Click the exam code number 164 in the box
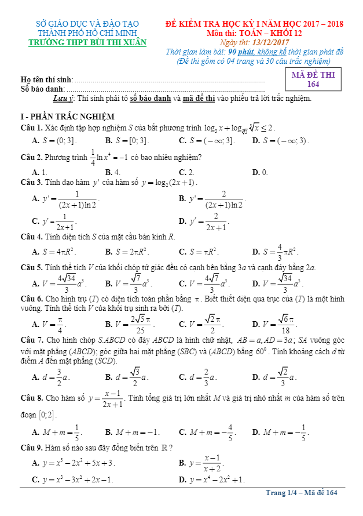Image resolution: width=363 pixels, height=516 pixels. (313, 85)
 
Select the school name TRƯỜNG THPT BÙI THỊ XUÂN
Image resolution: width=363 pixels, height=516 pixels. (87, 42)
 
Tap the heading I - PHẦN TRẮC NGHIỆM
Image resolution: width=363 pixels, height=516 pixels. (67, 117)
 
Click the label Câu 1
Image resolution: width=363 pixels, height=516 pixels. (31, 128)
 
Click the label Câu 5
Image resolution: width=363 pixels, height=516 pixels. (31, 267)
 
